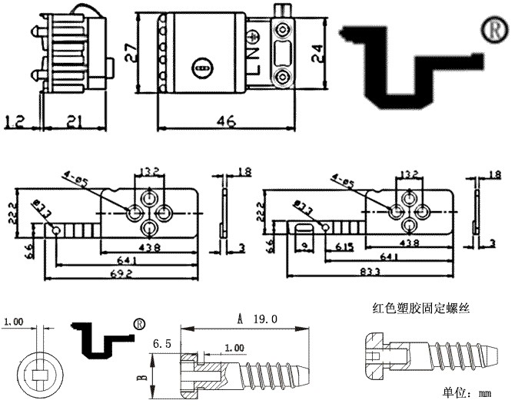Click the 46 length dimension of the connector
click(225, 121)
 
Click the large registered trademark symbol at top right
click(492, 28)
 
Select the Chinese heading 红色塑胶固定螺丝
click(420, 309)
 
